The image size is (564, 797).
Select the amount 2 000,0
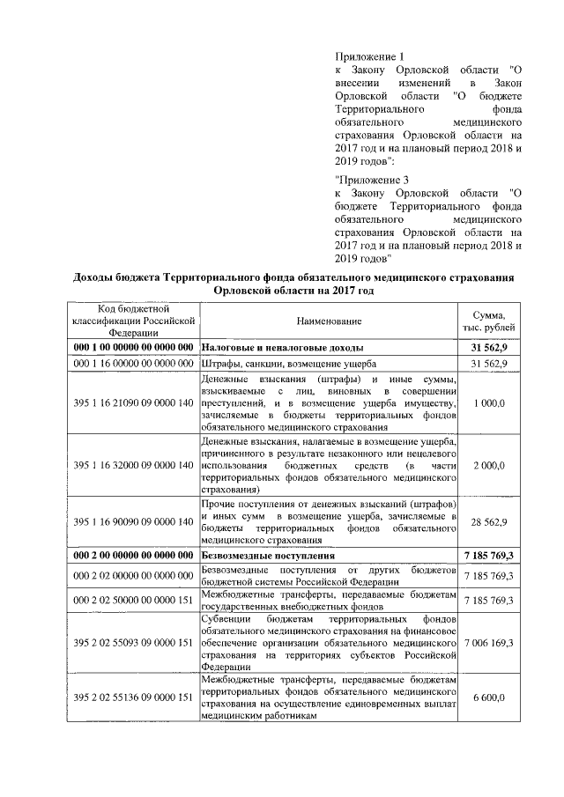489,464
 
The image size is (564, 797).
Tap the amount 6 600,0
489,697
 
